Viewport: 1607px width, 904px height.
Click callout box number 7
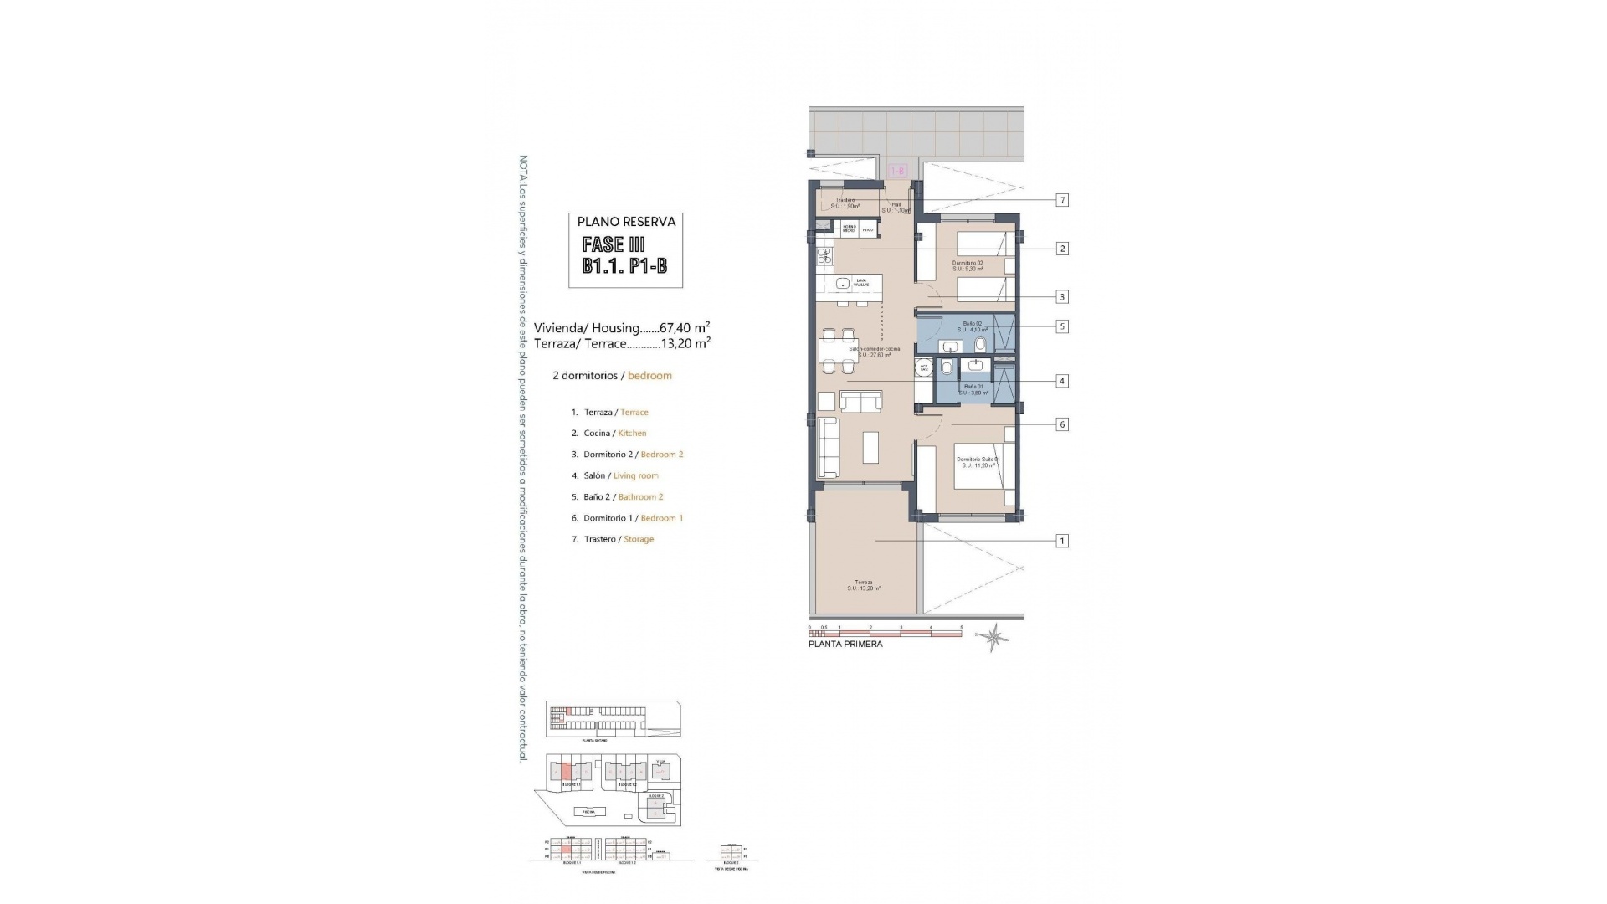[1062, 200]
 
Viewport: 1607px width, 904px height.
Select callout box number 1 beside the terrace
[1062, 541]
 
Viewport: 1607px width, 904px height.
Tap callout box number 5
[1062, 326]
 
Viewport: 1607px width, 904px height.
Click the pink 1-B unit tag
[896, 171]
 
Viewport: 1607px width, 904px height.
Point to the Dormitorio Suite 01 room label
[978, 462]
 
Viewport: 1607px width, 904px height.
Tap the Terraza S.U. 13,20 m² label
[864, 585]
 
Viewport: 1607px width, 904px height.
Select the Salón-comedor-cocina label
[874, 352]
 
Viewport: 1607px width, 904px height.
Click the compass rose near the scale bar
[994, 638]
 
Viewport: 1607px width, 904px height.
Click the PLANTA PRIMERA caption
[845, 645]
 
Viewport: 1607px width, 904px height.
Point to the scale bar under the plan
[885, 632]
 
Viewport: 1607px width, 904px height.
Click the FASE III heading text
[614, 244]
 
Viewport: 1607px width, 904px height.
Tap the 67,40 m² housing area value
[685, 328]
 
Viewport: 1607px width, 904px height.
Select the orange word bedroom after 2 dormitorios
[649, 376]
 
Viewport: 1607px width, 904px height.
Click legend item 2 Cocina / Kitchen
[609, 434]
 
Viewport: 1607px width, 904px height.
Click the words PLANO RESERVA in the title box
[626, 222]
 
